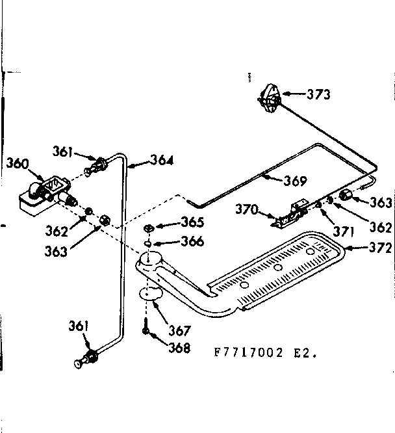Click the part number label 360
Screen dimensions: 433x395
coord(17,163)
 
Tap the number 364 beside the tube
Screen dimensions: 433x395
coord(162,159)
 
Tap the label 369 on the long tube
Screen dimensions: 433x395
coord(294,180)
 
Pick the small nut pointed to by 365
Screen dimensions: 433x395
coord(148,227)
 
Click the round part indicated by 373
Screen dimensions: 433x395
coord(270,99)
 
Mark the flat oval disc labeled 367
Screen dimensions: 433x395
coord(151,294)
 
